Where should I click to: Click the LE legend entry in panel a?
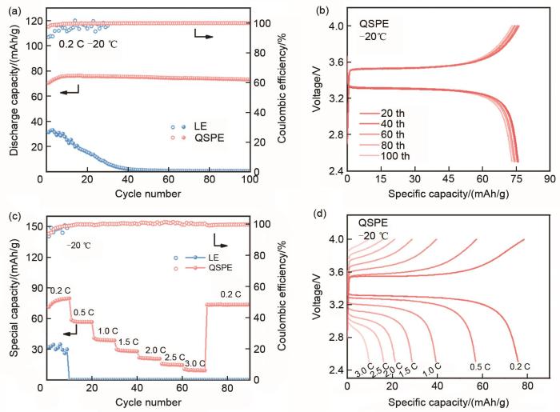coord(198,126)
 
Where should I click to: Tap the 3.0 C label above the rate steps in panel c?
coord(195,362)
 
